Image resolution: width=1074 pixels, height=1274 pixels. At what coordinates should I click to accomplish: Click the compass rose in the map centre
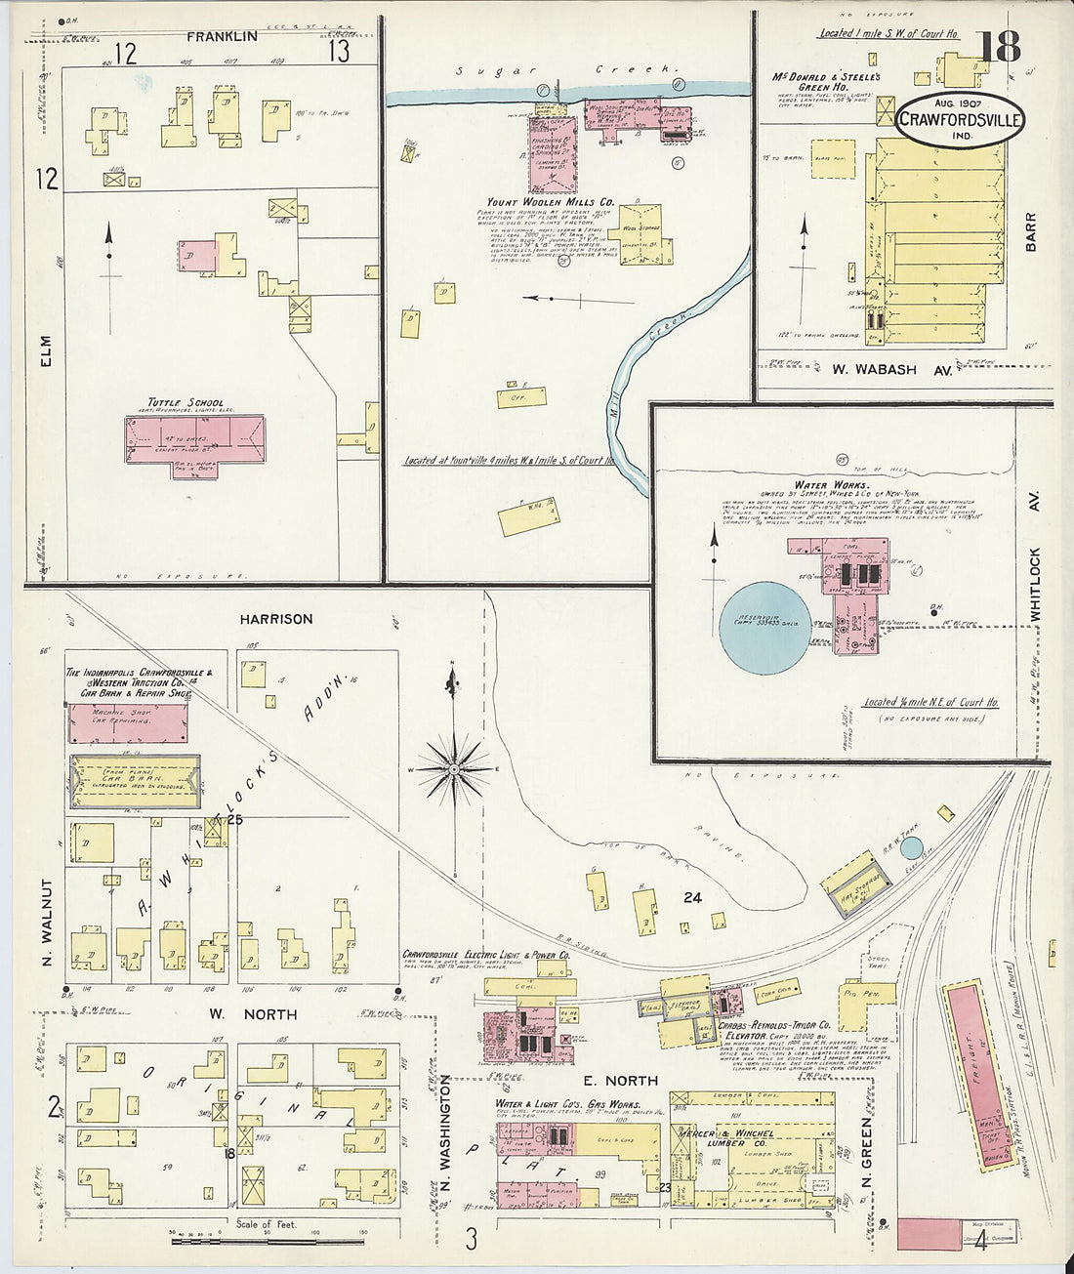tap(454, 769)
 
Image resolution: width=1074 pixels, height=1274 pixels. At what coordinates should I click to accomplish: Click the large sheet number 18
tap(997, 47)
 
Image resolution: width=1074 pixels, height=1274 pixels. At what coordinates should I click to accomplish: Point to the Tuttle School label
tap(186, 402)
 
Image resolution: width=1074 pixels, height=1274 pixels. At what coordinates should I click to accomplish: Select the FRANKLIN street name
tap(223, 36)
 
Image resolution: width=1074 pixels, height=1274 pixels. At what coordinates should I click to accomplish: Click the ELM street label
tap(45, 351)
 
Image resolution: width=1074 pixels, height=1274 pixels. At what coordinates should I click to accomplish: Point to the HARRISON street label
tap(276, 619)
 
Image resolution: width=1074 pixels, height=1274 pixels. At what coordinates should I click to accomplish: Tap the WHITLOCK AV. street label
tap(1035, 556)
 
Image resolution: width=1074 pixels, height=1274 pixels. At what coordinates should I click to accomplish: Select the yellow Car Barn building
tap(135, 781)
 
